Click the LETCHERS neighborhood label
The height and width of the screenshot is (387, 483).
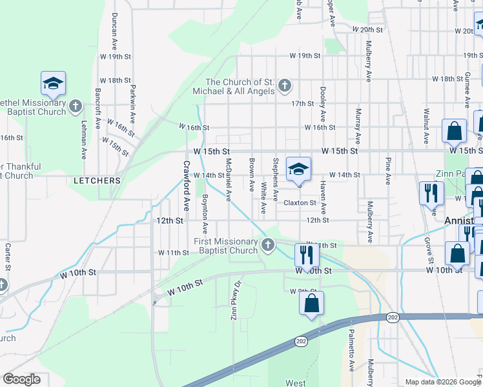tap(97, 181)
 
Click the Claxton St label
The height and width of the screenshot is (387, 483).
tap(300, 203)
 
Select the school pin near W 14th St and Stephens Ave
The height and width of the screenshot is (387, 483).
tap(298, 168)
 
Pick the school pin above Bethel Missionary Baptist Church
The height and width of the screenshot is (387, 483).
tap(54, 83)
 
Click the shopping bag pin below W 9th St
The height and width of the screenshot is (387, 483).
tap(311, 303)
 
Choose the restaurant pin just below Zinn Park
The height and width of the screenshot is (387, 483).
tap(431, 192)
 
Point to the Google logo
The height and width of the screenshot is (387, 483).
tap(21, 379)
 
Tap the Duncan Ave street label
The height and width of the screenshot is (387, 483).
tap(114, 26)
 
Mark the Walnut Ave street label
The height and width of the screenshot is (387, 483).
tap(427, 126)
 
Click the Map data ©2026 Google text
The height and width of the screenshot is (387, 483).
tap(442, 382)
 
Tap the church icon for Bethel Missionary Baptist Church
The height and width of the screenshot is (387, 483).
tap(76, 106)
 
